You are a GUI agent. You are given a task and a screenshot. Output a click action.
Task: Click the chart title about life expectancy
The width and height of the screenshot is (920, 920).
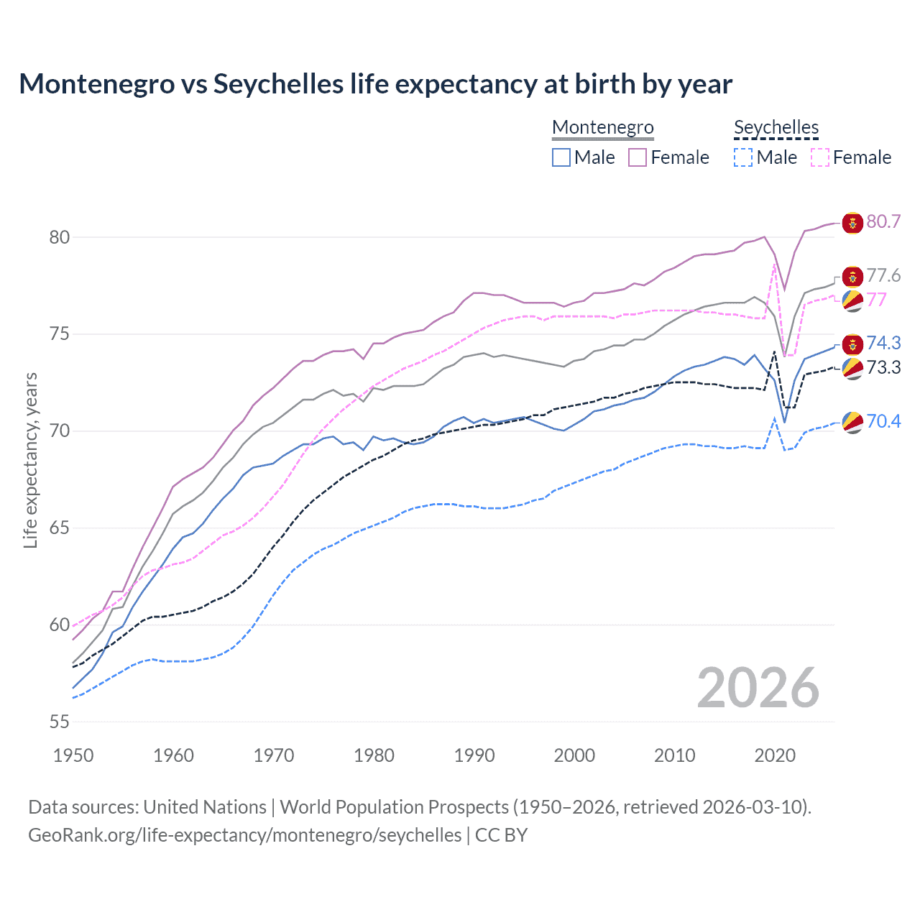tap(375, 84)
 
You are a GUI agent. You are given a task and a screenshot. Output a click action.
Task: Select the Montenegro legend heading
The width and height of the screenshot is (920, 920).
tap(602, 127)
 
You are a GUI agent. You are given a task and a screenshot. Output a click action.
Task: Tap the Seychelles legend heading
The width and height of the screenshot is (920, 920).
tap(776, 127)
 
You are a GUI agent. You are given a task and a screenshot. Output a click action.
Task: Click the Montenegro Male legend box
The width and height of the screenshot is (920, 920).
tap(561, 157)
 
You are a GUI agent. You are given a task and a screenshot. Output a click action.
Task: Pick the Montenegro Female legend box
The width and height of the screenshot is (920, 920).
tap(638, 157)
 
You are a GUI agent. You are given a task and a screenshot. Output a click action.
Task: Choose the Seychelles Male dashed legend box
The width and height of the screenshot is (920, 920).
tap(743, 157)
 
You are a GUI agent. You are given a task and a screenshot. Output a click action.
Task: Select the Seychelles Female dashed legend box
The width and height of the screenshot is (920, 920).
tap(819, 157)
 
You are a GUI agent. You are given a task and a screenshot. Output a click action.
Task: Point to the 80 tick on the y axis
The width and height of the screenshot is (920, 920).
tap(60, 237)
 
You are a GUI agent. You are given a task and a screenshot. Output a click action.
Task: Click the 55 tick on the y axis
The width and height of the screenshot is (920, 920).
tap(60, 722)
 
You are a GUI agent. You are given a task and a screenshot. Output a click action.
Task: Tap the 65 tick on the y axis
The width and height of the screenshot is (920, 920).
tap(60, 528)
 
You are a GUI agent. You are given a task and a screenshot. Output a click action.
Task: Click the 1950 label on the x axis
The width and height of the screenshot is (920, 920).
tap(73, 755)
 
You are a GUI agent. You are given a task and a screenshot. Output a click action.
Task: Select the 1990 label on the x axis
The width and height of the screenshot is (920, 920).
tap(474, 755)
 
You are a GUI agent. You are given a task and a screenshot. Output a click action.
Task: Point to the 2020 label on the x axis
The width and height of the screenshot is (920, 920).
tap(775, 755)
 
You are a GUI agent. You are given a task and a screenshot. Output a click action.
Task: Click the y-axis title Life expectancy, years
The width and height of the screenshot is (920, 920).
tap(30, 460)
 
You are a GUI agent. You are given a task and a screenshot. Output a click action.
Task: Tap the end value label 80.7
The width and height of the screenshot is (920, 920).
tap(883, 222)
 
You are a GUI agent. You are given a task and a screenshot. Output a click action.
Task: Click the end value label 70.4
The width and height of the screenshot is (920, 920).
tap(883, 421)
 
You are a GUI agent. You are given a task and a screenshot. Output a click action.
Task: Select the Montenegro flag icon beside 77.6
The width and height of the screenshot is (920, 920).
tap(852, 277)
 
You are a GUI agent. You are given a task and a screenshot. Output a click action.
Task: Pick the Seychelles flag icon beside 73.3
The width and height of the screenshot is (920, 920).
tap(852, 369)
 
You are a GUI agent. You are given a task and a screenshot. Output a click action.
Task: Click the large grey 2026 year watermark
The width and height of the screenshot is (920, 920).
tap(758, 688)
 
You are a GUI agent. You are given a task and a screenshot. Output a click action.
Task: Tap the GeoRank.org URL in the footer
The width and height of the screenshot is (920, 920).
tap(244, 835)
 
